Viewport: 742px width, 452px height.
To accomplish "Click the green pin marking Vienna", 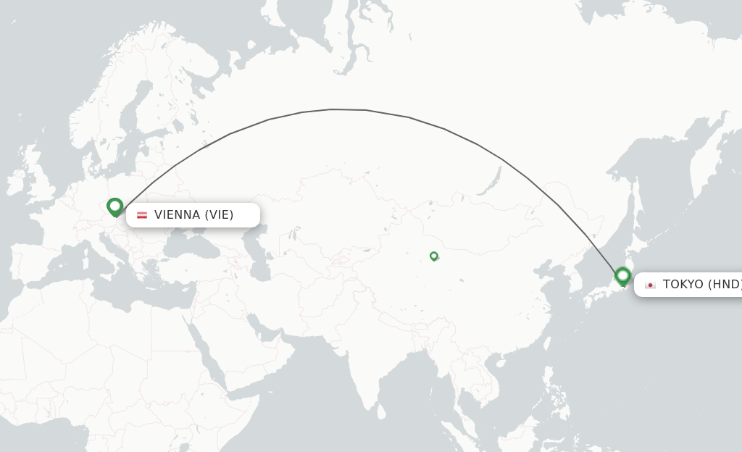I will tap(114, 206).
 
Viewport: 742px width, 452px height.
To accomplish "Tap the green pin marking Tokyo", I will tap(622, 275).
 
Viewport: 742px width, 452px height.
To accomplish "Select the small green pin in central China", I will tap(434, 256).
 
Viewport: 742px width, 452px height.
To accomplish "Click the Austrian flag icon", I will tap(142, 215).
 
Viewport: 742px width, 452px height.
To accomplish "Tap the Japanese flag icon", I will tap(650, 285).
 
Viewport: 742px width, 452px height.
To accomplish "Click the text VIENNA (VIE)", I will tap(193, 215).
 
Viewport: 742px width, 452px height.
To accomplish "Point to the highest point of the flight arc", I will tap(333, 109).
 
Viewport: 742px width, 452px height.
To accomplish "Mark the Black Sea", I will tap(192, 246).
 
